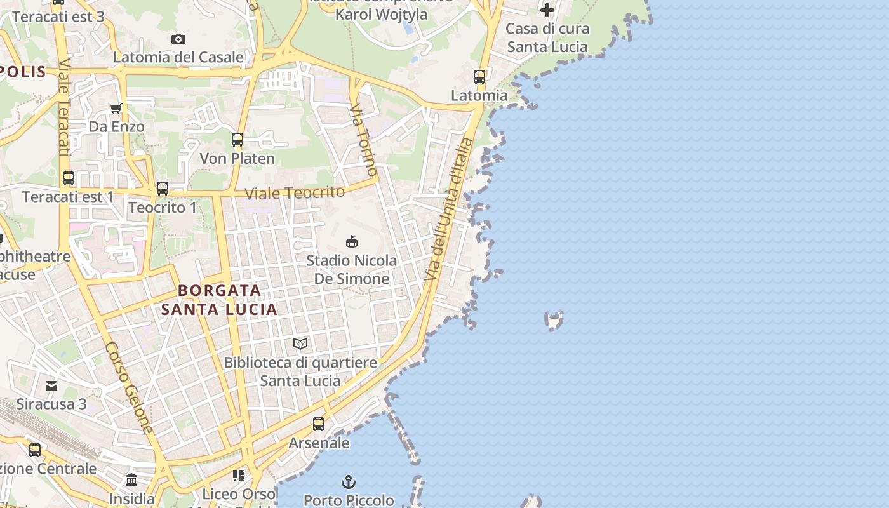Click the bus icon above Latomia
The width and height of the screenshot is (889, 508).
click(x=479, y=77)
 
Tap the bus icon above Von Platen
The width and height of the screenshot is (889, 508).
click(x=237, y=140)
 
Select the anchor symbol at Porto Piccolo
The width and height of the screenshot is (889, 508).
click(x=348, y=482)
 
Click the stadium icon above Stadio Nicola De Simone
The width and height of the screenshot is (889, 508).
click(x=351, y=241)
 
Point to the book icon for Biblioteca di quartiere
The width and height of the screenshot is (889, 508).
click(x=300, y=344)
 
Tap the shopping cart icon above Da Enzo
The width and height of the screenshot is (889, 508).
click(x=116, y=108)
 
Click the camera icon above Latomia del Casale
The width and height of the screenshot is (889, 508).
click(x=178, y=39)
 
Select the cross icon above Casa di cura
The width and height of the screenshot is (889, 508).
click(x=547, y=10)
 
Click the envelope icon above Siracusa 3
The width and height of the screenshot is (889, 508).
click(x=51, y=385)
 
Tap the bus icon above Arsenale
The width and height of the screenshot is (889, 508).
click(x=319, y=424)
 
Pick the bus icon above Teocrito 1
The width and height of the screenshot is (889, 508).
click(x=163, y=189)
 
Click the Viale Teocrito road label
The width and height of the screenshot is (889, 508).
click(x=295, y=192)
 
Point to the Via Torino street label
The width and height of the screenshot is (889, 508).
click(x=364, y=140)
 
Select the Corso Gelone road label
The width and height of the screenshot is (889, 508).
click(x=130, y=388)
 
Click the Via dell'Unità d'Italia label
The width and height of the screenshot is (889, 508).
click(x=449, y=210)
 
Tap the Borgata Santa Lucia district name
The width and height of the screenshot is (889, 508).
click(x=219, y=300)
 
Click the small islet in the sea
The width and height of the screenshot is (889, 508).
click(x=554, y=320)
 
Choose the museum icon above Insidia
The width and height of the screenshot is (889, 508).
click(x=131, y=480)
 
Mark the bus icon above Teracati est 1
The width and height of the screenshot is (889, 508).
click(x=69, y=178)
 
